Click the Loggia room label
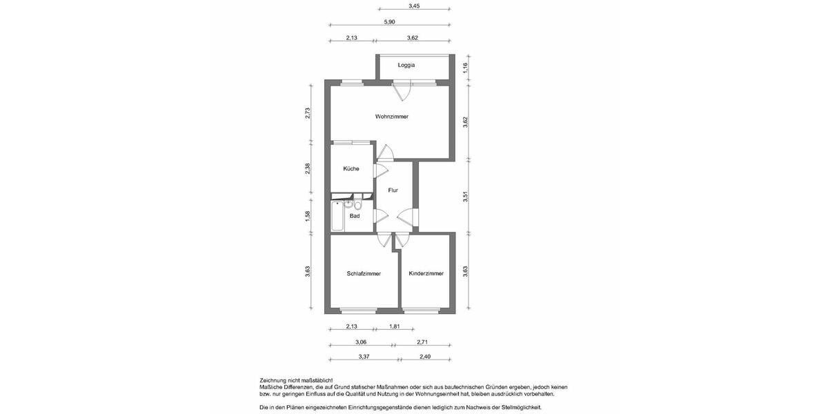[406, 65]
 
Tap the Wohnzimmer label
[392, 117]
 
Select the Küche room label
[351, 168]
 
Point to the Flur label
[393, 190]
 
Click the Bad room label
[355, 216]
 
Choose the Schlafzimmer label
[364, 273]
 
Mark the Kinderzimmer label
[426, 273]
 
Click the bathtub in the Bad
[336, 216]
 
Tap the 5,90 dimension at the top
[390, 22]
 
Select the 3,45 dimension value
[414, 6]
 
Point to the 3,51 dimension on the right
[466, 197]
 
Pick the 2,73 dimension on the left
[308, 114]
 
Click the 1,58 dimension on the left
[308, 217]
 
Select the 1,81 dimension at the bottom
[395, 326]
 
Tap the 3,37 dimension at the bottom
[364, 357]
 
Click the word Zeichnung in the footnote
[275, 380]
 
